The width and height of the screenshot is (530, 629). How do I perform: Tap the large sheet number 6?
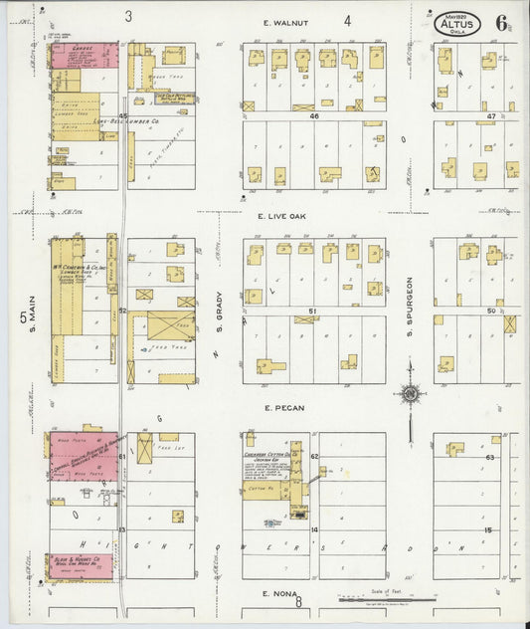pyautogui.click(x=504, y=22)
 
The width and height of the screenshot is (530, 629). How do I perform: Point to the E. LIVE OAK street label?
pyautogui.click(x=280, y=215)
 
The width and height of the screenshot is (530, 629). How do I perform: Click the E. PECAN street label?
pyautogui.click(x=283, y=408)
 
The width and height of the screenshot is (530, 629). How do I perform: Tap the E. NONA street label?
pyautogui.click(x=279, y=593)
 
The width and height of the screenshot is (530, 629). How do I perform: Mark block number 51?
pyautogui.click(x=312, y=312)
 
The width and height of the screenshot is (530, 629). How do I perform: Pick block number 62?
pyautogui.click(x=313, y=456)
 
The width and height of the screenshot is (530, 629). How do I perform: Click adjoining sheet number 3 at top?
pyautogui.click(x=128, y=16)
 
